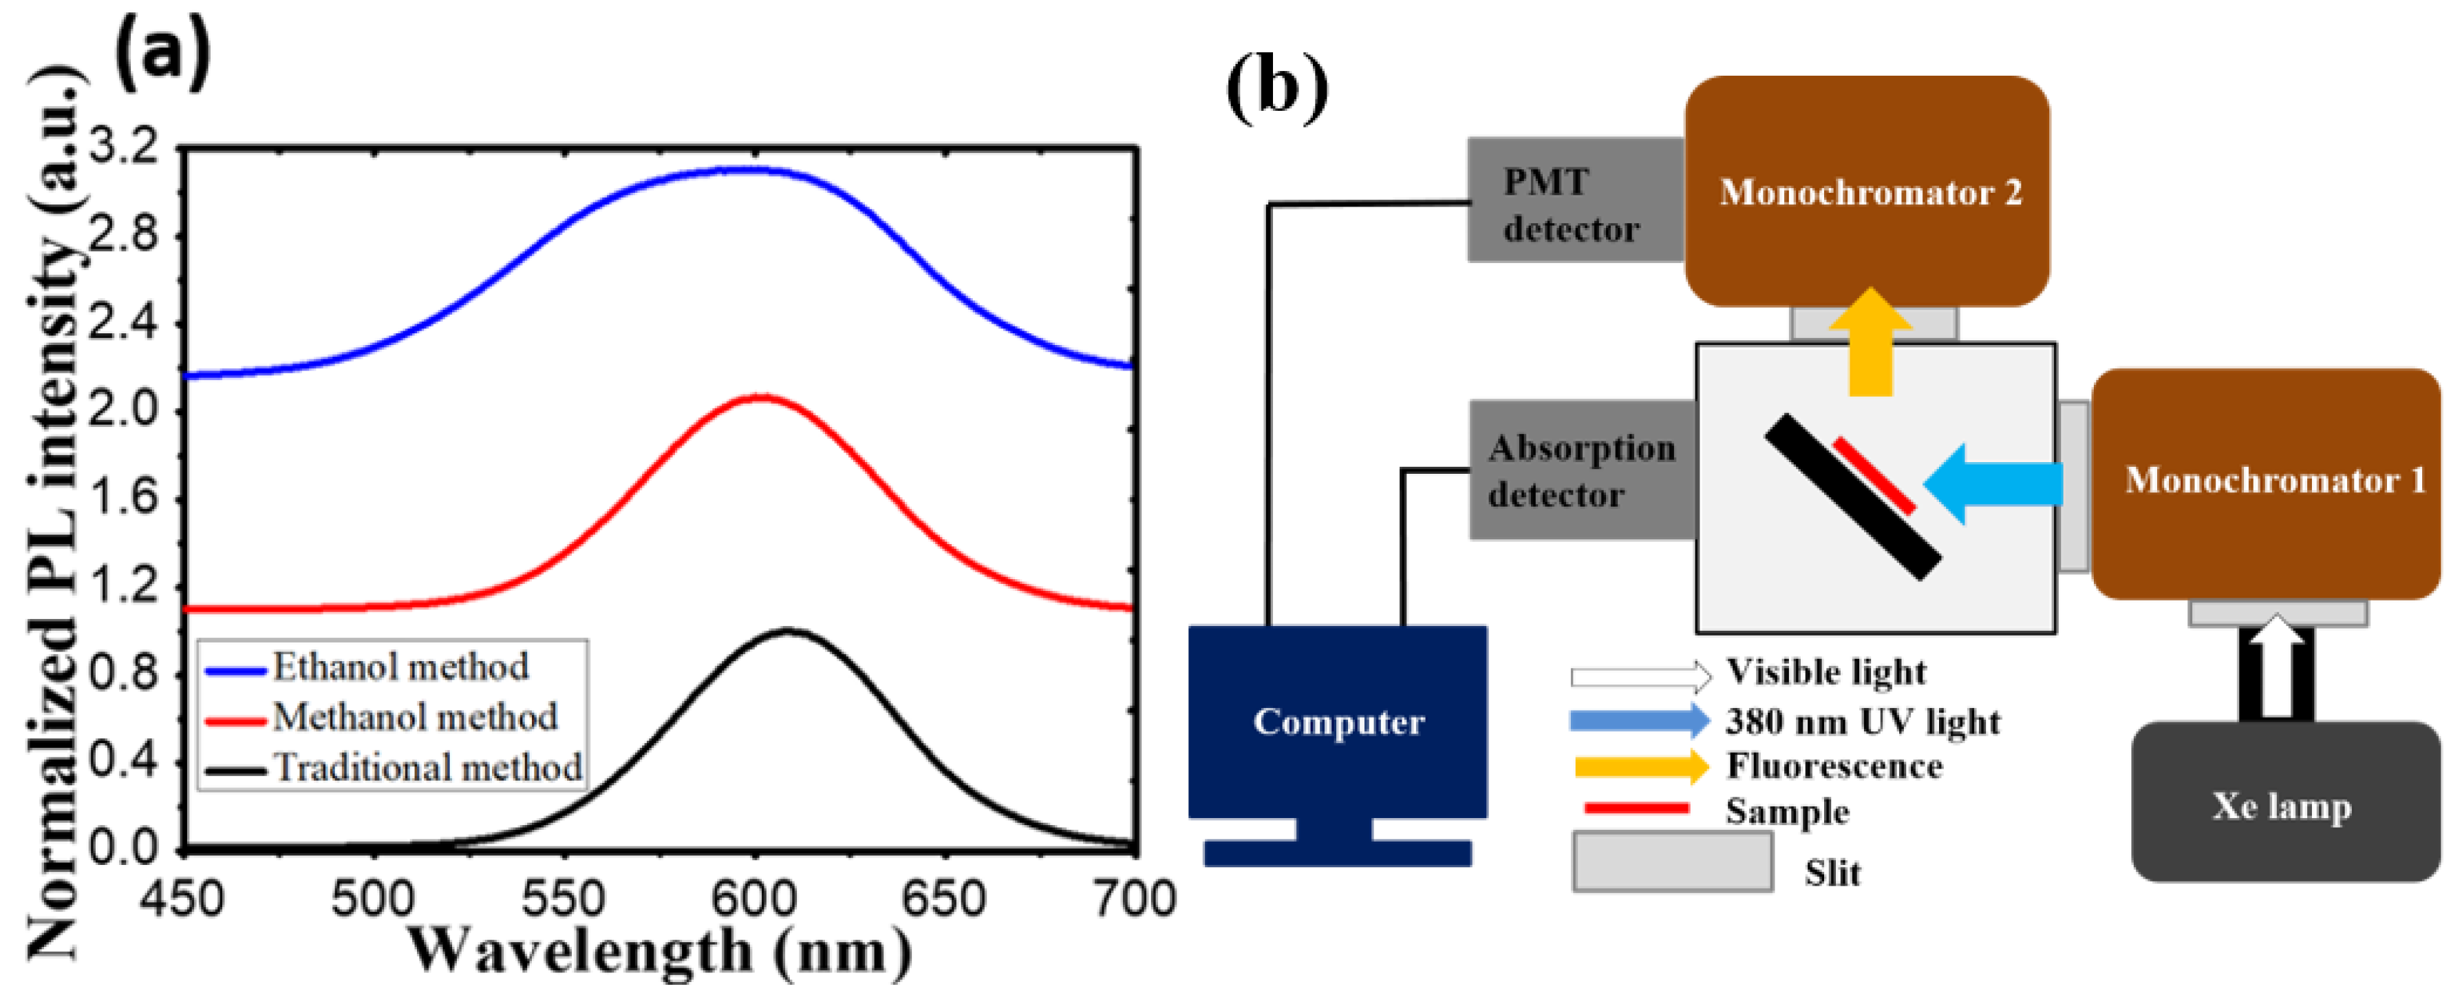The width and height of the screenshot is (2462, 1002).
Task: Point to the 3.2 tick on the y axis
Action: click(122, 147)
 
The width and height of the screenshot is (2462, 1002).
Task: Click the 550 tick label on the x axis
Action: click(564, 899)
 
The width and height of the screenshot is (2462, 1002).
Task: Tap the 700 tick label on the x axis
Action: click(1135, 899)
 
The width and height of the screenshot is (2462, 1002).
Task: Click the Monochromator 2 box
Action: click(1867, 191)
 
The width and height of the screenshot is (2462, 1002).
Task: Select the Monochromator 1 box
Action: click(2265, 483)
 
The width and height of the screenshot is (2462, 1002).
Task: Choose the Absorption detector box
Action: click(1582, 470)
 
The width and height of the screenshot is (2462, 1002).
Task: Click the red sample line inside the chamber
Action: click(1873, 475)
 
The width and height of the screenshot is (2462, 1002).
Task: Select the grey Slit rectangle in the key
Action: click(1673, 862)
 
